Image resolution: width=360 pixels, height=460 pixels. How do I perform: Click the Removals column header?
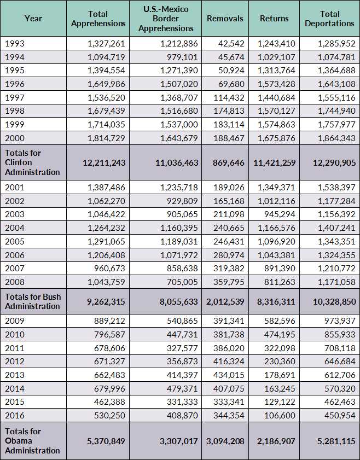(225, 19)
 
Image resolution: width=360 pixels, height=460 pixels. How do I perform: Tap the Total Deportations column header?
(329, 19)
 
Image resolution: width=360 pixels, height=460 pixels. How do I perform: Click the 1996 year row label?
(14, 84)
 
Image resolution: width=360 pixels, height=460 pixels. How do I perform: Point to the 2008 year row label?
(14, 282)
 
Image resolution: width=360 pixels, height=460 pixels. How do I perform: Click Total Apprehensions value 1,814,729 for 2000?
(107, 138)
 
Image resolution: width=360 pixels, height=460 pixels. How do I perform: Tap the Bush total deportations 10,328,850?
(329, 301)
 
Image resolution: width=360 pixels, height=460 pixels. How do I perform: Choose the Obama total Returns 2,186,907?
(274, 440)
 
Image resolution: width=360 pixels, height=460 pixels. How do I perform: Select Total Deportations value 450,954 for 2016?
(334, 415)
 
